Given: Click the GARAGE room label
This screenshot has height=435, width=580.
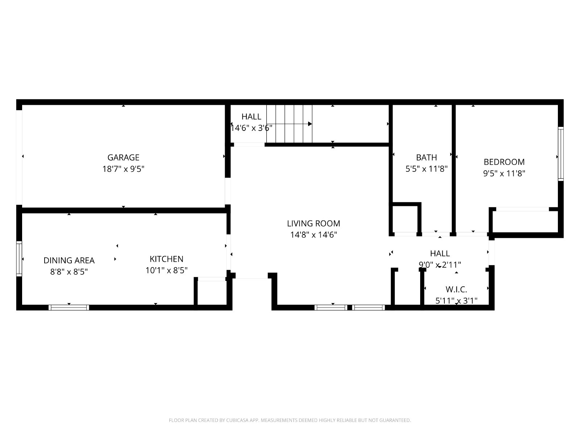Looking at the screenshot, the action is [x=123, y=157].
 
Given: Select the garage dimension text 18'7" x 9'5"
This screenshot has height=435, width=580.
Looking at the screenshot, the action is [x=123, y=169].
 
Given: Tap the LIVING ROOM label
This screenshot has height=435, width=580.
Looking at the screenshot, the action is [x=314, y=223].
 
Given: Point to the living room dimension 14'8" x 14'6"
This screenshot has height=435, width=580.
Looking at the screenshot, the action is [x=314, y=235].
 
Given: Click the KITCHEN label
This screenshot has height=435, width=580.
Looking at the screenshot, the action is [x=166, y=259].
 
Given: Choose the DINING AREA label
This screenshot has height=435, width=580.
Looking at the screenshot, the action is [x=69, y=260].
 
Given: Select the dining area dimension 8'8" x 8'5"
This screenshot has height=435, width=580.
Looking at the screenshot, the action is [x=69, y=272].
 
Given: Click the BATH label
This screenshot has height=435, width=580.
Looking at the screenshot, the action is [x=426, y=157].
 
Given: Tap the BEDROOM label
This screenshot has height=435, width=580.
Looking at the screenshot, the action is [x=504, y=162].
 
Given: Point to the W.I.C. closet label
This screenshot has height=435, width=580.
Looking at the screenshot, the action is [x=456, y=290].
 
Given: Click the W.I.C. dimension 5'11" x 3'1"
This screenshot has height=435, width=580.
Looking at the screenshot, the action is [x=456, y=301].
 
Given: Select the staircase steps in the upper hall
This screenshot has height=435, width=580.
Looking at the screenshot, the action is [x=289, y=124].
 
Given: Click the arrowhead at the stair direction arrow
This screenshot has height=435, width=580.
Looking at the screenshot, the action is [x=310, y=124].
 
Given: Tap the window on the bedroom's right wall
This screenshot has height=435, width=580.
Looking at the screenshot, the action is [x=560, y=154].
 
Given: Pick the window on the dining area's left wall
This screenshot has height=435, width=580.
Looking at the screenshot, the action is [x=19, y=258].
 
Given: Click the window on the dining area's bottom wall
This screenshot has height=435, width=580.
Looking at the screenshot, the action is [x=69, y=307].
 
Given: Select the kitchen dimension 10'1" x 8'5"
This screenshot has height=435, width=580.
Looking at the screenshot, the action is [x=166, y=270].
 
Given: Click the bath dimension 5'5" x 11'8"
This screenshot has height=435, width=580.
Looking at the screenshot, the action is [x=426, y=169].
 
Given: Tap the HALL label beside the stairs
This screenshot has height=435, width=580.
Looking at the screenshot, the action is [x=251, y=116].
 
